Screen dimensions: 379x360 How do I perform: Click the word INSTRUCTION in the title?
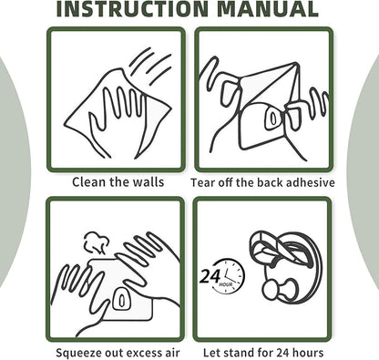pos(132,8)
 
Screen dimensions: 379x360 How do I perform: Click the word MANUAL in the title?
pos(268,8)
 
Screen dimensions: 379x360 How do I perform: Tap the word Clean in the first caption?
pos(89,182)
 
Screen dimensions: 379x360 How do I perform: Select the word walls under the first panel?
pos(149,182)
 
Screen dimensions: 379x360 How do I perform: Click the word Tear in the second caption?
pos(203,182)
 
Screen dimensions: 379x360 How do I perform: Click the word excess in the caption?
pos(145,353)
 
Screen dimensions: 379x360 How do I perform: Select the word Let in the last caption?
pos(210,353)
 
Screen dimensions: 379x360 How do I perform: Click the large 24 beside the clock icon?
pos(210,276)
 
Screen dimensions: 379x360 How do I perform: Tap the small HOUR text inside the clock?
pos(226,284)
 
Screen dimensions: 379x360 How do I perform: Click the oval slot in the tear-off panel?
pos(273,118)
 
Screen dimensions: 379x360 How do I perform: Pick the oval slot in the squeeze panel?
pos(121,300)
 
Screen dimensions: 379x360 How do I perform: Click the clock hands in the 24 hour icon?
pos(230,275)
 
